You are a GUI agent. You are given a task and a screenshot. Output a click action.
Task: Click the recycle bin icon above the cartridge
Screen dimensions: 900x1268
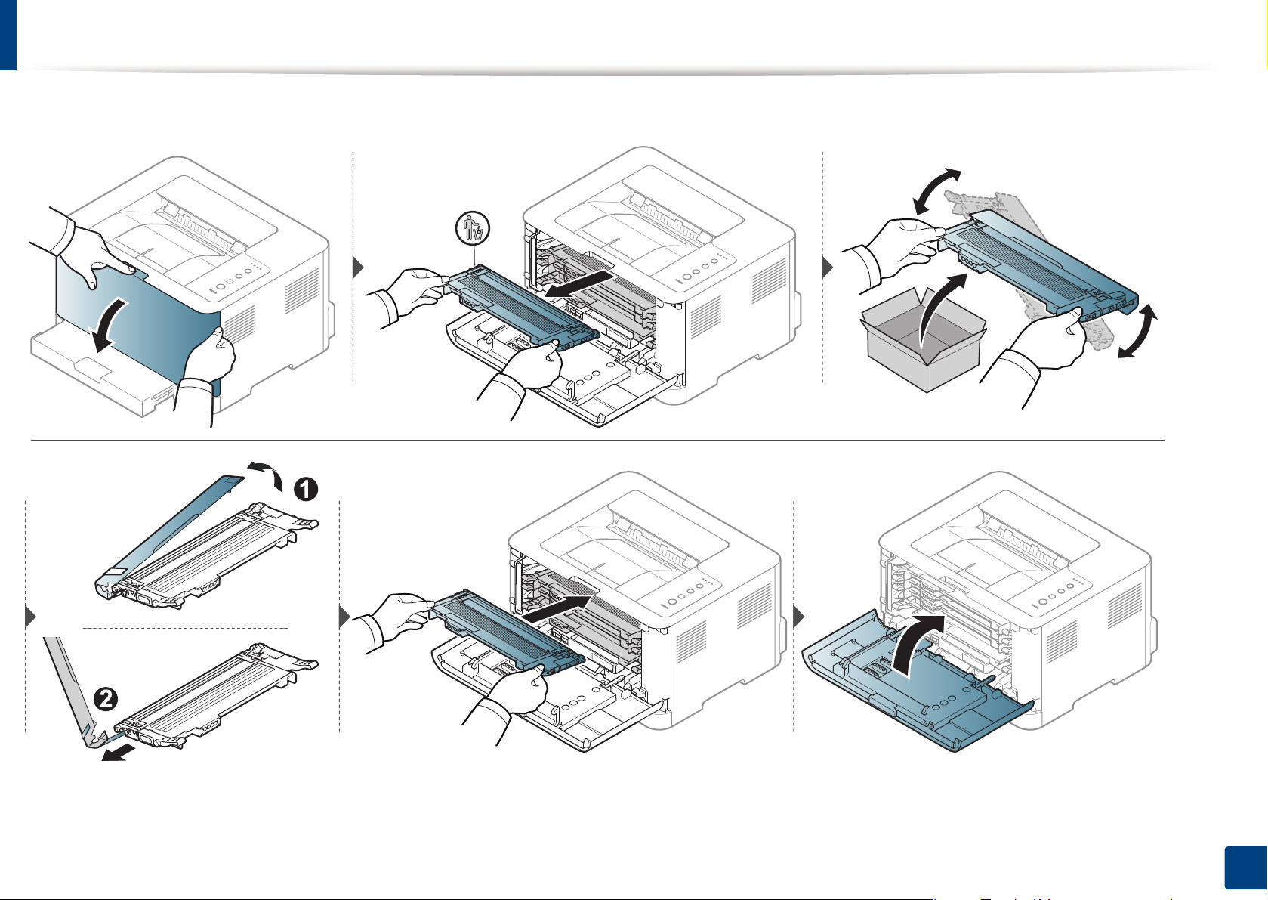coord(474,227)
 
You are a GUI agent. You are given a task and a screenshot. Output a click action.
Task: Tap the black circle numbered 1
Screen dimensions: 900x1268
coord(305,490)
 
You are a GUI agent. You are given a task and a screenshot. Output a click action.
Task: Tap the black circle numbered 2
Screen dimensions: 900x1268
coord(106,698)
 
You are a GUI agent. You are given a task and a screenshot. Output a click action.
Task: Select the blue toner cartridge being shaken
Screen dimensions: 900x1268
coord(1042,264)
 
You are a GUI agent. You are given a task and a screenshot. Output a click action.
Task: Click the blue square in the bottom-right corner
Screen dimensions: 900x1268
coord(1243,870)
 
